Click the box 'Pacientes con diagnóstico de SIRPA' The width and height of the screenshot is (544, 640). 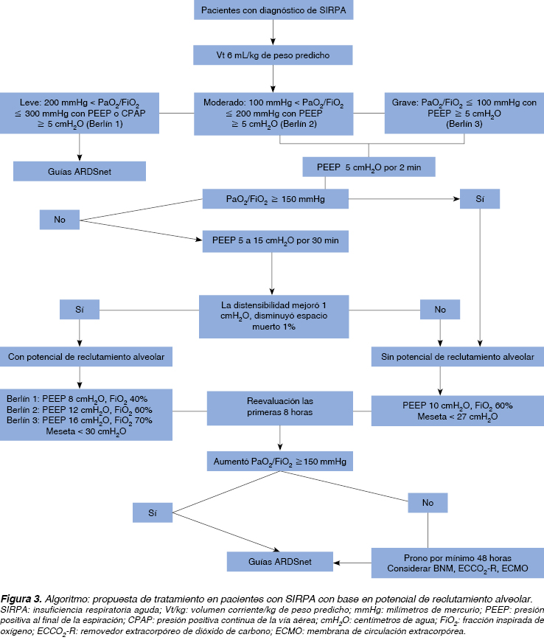click(273, 10)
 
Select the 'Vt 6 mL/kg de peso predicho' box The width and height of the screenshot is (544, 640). click(273, 55)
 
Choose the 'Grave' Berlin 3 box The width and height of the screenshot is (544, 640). click(464, 113)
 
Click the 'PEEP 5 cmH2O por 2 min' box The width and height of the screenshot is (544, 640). click(369, 167)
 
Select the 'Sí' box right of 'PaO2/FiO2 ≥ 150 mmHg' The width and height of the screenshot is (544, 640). click(480, 199)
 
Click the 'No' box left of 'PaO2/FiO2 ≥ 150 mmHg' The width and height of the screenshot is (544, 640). click(60, 219)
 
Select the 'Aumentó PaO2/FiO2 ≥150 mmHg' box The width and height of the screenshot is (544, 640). click(279, 462)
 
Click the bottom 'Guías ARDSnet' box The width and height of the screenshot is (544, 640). click(279, 562)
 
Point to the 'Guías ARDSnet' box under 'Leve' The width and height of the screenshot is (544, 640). click(80, 170)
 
